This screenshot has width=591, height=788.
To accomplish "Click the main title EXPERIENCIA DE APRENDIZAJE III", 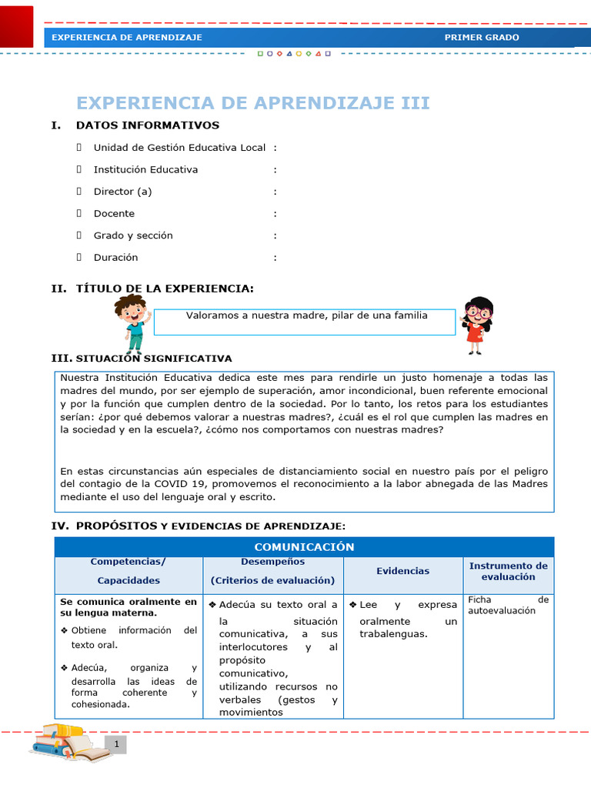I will click(x=252, y=103).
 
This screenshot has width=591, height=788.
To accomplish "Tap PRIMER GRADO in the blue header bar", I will click(x=482, y=37).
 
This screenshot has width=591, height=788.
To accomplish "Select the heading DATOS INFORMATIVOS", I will click(x=147, y=125).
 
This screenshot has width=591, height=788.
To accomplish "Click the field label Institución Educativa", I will click(x=145, y=169).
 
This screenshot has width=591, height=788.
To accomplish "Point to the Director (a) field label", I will click(x=122, y=192).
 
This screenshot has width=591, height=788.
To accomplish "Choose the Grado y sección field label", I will click(x=133, y=235).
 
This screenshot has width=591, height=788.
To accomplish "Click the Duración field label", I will click(x=115, y=257).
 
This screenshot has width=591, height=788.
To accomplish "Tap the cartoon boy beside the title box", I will click(x=132, y=322).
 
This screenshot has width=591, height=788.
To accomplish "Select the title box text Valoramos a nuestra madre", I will click(x=306, y=316).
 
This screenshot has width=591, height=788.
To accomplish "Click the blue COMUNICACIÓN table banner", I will click(x=304, y=547).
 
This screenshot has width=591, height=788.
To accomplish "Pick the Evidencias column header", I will click(x=402, y=571).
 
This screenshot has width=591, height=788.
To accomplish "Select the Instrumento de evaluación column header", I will click(x=508, y=571).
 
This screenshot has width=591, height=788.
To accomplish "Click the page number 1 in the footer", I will click(x=116, y=744).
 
